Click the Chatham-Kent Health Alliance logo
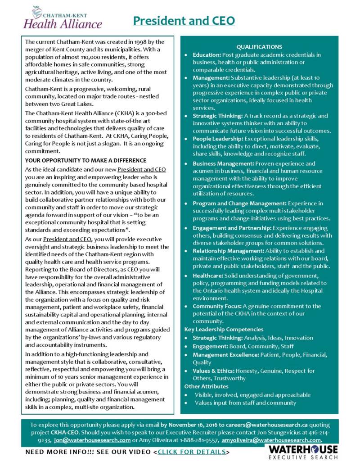pos(63,18)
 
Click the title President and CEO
pos(184,21)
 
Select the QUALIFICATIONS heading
pos(259,47)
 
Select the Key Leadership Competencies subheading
pos(224,330)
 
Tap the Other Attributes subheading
pos(207,386)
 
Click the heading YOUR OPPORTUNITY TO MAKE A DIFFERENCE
pos(85,161)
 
